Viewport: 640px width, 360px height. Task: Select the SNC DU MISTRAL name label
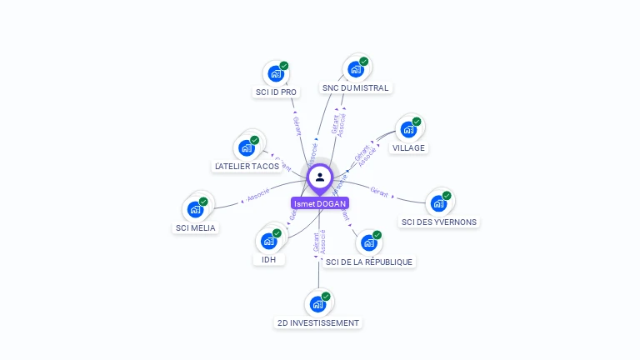point(356,87)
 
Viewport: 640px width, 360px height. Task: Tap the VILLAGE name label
point(408,147)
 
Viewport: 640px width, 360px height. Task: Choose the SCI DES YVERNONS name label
point(439,222)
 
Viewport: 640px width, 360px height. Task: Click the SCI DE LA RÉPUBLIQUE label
point(368,262)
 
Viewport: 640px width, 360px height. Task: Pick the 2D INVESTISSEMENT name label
point(318,322)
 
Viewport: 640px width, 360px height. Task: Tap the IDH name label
point(268,259)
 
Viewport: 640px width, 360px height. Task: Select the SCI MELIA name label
point(194,227)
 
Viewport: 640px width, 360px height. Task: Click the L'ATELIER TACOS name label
point(247,167)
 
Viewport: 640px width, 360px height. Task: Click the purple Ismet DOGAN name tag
point(320,203)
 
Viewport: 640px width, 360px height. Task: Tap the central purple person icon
point(320,177)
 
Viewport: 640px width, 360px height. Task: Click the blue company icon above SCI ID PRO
point(275,73)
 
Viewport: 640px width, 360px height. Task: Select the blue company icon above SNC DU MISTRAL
point(356,68)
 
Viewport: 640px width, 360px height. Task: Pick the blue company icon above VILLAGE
point(408,129)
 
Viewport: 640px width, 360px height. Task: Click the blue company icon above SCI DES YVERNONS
point(438,203)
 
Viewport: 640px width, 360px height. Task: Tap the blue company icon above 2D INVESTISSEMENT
point(317,304)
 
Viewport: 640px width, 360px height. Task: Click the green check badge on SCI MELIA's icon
point(203,201)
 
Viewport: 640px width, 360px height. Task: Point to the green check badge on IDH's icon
point(277,233)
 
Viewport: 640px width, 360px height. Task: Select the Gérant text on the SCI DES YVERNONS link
point(379,193)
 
